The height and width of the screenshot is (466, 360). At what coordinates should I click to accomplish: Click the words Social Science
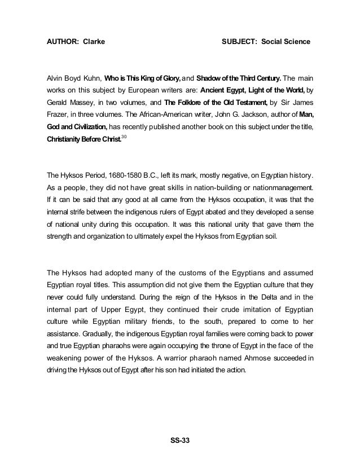(x=286, y=42)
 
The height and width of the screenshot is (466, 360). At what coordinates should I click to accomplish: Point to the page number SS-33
(x=181, y=441)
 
